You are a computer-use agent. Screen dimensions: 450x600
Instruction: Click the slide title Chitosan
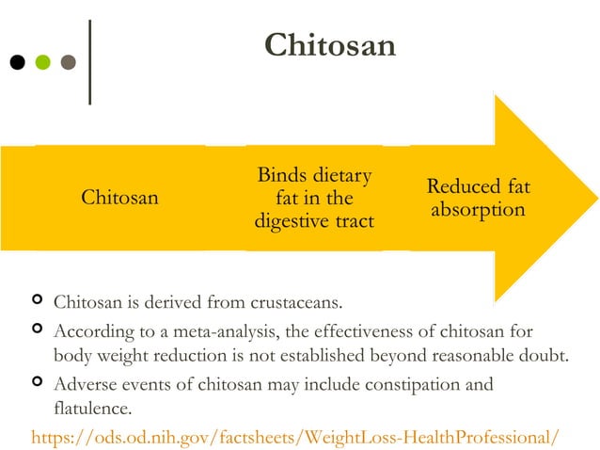click(x=330, y=44)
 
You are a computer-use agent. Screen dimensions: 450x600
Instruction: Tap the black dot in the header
click(x=18, y=63)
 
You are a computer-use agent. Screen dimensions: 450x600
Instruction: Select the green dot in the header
click(x=42, y=63)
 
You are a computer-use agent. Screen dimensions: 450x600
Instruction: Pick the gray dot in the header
click(x=68, y=63)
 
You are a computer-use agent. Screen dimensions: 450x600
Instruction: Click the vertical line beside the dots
click(x=90, y=62)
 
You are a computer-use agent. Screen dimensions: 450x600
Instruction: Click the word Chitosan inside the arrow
click(x=119, y=198)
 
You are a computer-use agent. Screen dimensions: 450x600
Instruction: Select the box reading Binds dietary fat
click(x=314, y=198)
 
